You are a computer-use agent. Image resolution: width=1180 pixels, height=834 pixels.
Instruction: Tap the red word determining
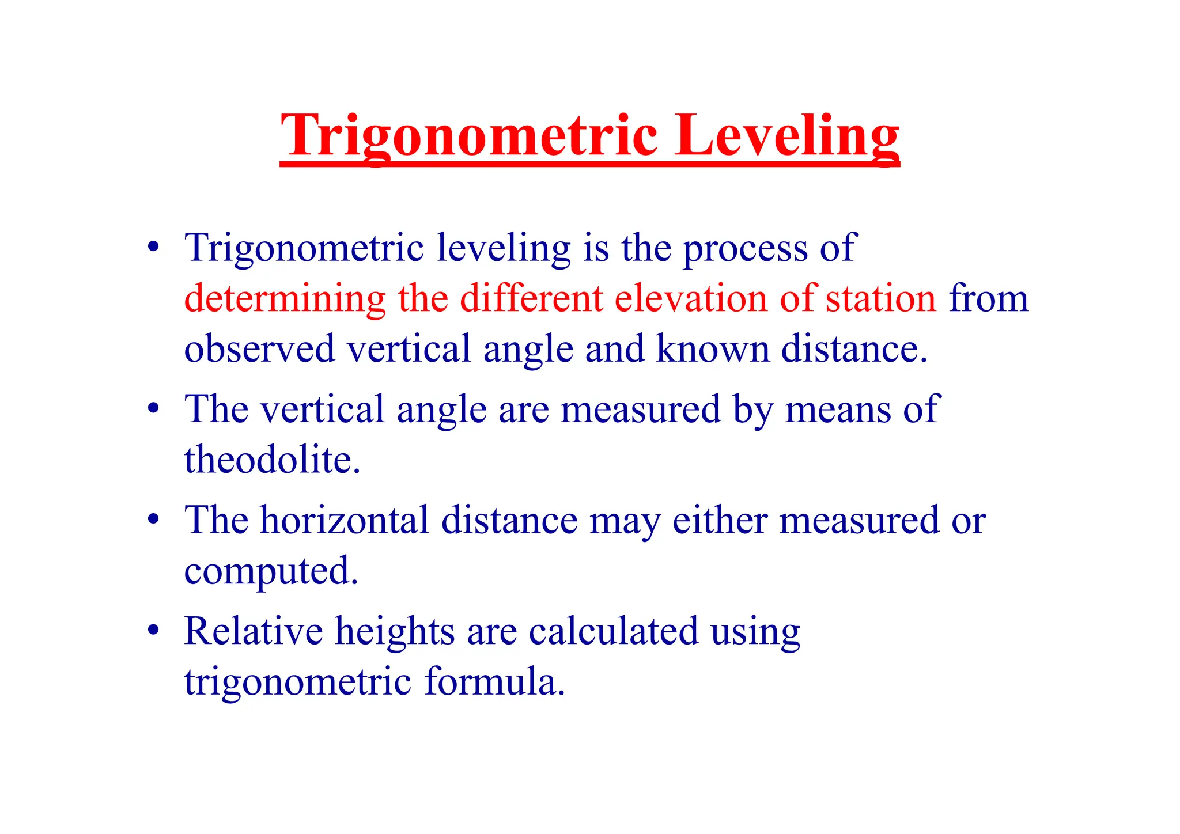pos(285,299)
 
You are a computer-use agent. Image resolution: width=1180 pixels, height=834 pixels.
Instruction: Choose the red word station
pos(881,299)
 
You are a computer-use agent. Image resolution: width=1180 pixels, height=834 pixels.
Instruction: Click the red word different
pos(531,299)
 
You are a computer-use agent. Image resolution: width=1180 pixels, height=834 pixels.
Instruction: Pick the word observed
pos(259,349)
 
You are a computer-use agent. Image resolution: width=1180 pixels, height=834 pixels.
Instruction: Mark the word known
pos(713,349)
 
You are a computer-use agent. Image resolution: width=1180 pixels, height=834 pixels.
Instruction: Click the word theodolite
pos(272,460)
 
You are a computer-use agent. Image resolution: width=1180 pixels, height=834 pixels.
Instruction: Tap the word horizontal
pos(345,521)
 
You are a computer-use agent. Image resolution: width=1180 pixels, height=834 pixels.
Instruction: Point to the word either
pos(720,521)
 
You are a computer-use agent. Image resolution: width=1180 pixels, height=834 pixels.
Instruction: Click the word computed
pos(271,571)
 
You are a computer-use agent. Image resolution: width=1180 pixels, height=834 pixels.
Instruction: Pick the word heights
pos(395,631)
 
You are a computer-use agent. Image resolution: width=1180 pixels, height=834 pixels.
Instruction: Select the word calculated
pos(613,631)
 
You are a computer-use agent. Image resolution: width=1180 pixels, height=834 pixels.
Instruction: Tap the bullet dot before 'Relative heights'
pos(153,630)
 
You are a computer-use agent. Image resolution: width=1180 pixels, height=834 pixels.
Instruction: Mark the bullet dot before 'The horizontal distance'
pos(153,519)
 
